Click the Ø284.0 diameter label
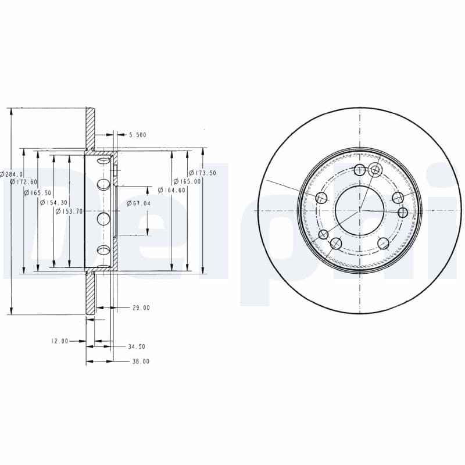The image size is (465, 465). click(x=11, y=174)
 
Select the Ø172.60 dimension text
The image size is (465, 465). click(x=24, y=182)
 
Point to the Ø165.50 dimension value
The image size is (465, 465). click(x=38, y=193)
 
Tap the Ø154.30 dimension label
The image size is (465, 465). click(x=53, y=202)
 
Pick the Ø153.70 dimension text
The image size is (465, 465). click(x=69, y=211)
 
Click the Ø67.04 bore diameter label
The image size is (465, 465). click(x=138, y=203)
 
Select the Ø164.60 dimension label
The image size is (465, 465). click(x=171, y=190)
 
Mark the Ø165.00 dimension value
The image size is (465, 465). click(x=187, y=181)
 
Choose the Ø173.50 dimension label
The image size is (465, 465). click(x=202, y=173)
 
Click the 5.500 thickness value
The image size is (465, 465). click(x=138, y=135)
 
